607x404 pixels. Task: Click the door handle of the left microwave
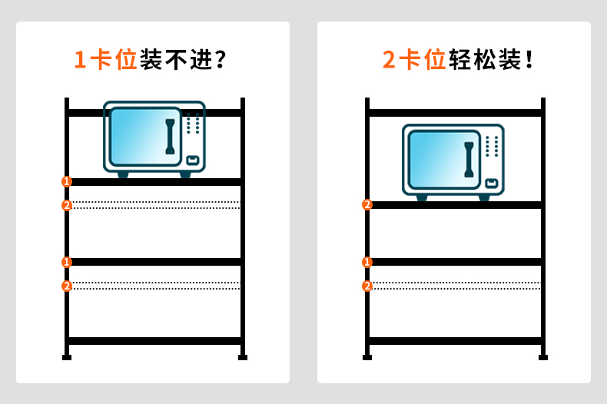click(x=170, y=137)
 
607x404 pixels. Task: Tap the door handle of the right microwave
click(x=469, y=160)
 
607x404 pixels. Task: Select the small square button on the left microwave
click(x=192, y=160)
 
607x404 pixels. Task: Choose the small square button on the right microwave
click(x=491, y=183)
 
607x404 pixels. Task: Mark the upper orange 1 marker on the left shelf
click(x=67, y=181)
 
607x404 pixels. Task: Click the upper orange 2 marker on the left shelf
click(x=67, y=205)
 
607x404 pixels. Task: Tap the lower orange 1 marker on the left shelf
click(x=67, y=262)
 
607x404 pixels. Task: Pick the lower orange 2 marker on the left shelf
click(x=67, y=286)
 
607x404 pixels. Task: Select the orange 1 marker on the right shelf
click(x=367, y=262)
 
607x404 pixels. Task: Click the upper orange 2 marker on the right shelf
click(x=367, y=204)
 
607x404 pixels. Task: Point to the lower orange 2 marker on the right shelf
click(x=367, y=286)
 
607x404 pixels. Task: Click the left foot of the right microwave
click(x=422, y=198)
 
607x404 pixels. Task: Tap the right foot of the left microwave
click(x=185, y=175)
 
